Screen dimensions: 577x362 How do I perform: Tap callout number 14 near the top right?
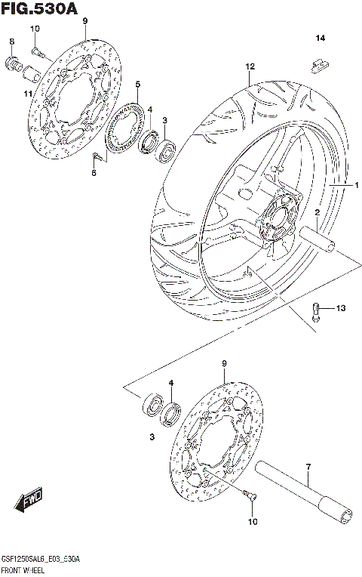pyautogui.click(x=320, y=39)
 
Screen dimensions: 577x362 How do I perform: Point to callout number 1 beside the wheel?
pyautogui.click(x=357, y=184)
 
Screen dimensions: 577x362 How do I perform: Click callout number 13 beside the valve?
pyautogui.click(x=341, y=308)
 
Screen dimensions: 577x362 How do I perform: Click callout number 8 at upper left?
pyautogui.click(x=11, y=41)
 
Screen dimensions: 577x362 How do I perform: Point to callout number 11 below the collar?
pyautogui.click(x=27, y=94)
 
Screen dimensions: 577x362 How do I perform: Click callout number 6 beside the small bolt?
pyautogui.click(x=94, y=174)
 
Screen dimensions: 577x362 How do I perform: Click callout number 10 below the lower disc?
pyautogui.click(x=252, y=522)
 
